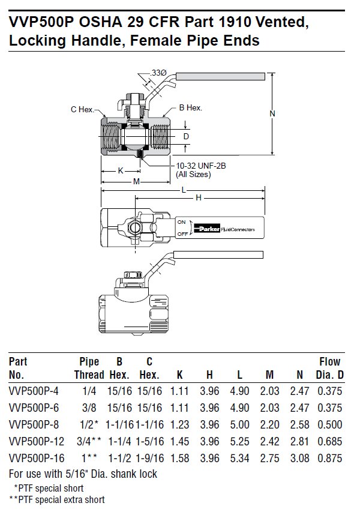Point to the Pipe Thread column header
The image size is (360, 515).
[89, 369]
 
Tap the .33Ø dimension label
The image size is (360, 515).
[158, 73]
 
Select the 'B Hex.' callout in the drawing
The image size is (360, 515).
[190, 108]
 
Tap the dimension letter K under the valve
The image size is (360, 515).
[120, 170]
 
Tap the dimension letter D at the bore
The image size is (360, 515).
[187, 136]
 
